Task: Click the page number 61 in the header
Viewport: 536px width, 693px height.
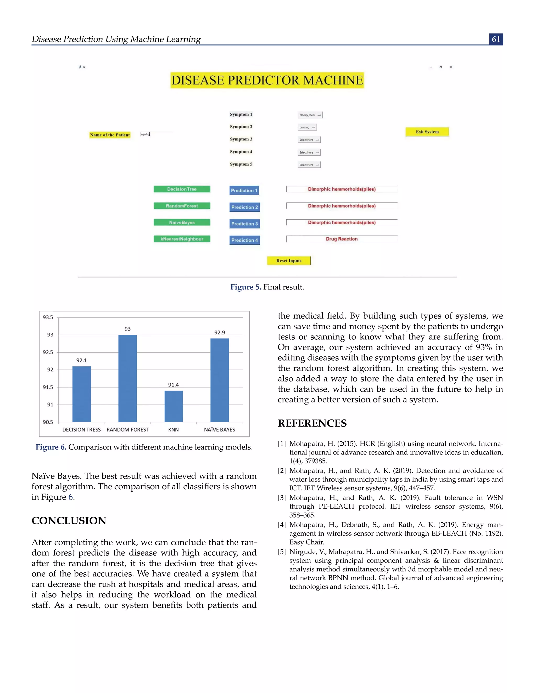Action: coord(496,39)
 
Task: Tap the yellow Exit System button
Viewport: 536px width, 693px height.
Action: coord(427,132)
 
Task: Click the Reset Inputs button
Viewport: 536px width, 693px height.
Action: coord(289,260)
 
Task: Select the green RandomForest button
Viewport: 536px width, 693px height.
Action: coord(182,206)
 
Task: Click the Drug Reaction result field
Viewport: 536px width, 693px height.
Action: coord(342,239)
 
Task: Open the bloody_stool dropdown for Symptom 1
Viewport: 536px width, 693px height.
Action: coord(310,115)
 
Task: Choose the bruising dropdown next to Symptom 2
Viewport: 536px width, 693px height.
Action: coord(307,127)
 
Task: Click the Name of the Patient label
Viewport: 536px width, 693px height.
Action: coord(110,135)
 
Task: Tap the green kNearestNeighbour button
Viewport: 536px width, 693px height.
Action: coord(182,239)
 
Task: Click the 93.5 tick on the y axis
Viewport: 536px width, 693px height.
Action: coord(48,317)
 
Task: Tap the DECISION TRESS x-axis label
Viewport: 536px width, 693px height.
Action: coord(81,430)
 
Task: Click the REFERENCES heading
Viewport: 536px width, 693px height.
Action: coord(312,423)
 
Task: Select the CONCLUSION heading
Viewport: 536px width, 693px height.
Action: coord(69,521)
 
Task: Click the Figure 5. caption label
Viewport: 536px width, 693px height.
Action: coord(245,287)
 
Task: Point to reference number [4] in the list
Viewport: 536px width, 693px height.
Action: coord(282,525)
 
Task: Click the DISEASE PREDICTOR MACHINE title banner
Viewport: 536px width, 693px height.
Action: coord(267,80)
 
